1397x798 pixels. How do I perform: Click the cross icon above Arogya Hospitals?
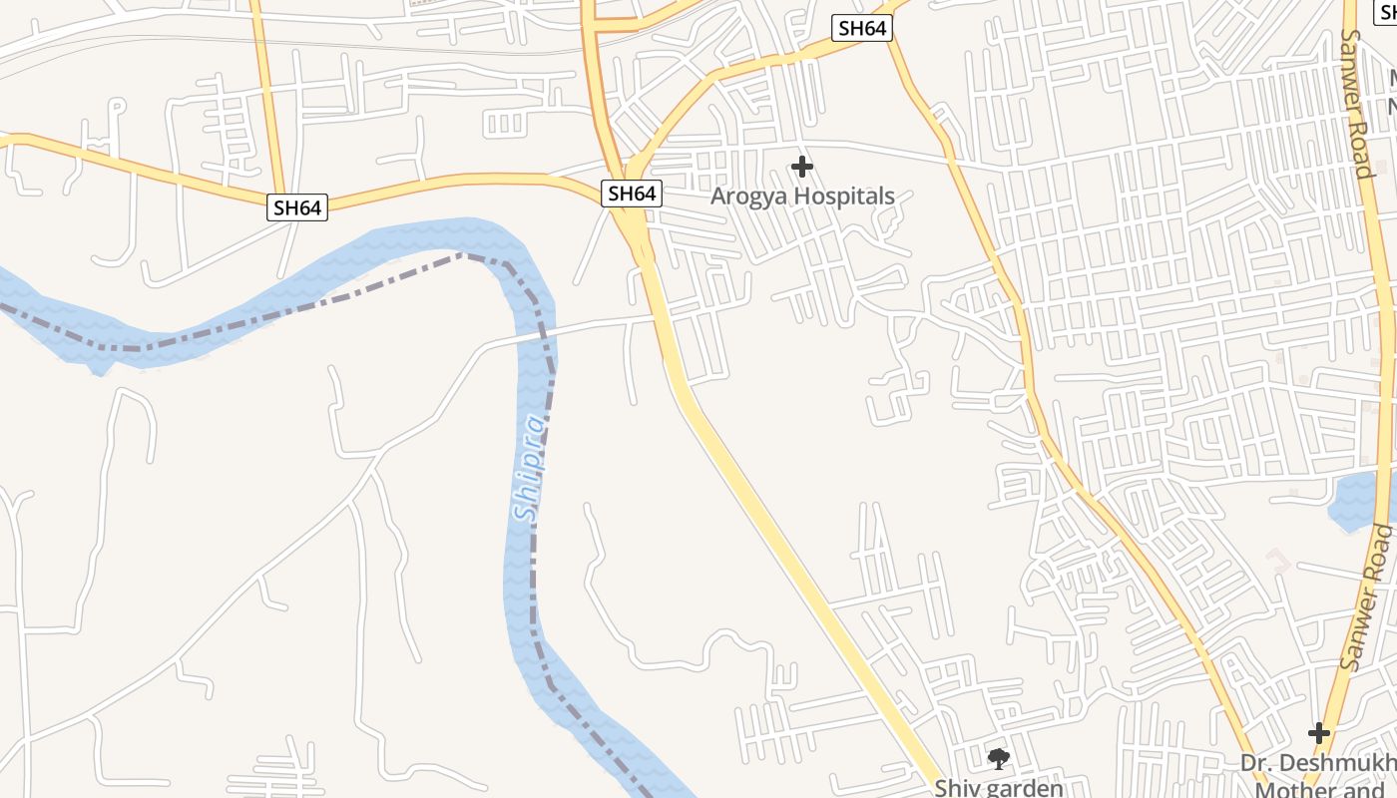801,167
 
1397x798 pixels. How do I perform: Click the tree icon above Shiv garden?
998,759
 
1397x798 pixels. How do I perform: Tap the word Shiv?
955,788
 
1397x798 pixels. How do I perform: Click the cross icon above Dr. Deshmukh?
1319,733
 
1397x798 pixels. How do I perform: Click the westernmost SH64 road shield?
297,207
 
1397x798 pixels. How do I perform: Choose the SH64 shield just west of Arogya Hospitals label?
632,194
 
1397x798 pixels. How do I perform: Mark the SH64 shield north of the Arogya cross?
862,28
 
